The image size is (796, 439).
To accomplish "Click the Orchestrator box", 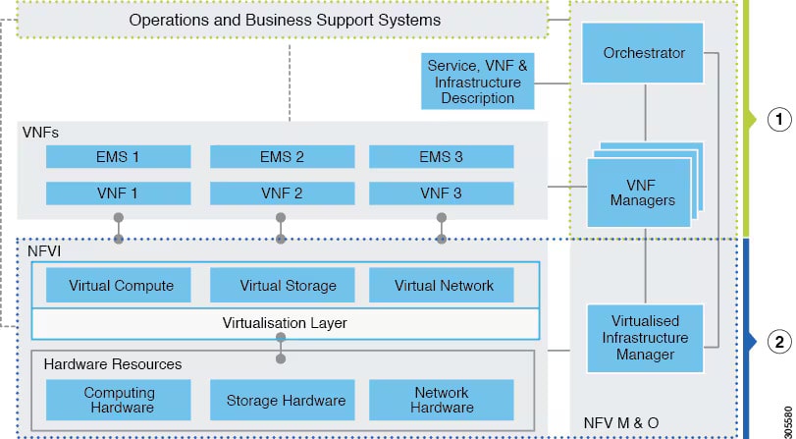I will (644, 52).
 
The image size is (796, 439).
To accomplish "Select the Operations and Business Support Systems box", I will (285, 21).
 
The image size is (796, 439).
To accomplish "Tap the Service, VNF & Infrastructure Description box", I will (478, 82).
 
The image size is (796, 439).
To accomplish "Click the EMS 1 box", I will (118, 156).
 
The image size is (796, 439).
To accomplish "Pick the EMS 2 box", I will (282, 156).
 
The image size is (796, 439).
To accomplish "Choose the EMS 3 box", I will (441, 156).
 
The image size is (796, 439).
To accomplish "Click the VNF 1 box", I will (118, 192).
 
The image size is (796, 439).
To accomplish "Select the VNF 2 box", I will (282, 192).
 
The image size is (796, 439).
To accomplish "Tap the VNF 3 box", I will (441, 192).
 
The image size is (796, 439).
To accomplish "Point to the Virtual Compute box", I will (121, 286).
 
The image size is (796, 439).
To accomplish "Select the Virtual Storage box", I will (288, 286).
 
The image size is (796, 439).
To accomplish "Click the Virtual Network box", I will (444, 286).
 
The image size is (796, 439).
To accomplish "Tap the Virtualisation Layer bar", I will (285, 322).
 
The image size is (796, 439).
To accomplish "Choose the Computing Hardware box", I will (118, 400).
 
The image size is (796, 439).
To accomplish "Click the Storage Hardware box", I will (286, 400).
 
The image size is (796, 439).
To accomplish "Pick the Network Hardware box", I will (441, 400).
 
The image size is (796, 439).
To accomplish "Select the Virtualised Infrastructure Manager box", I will (644, 338).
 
